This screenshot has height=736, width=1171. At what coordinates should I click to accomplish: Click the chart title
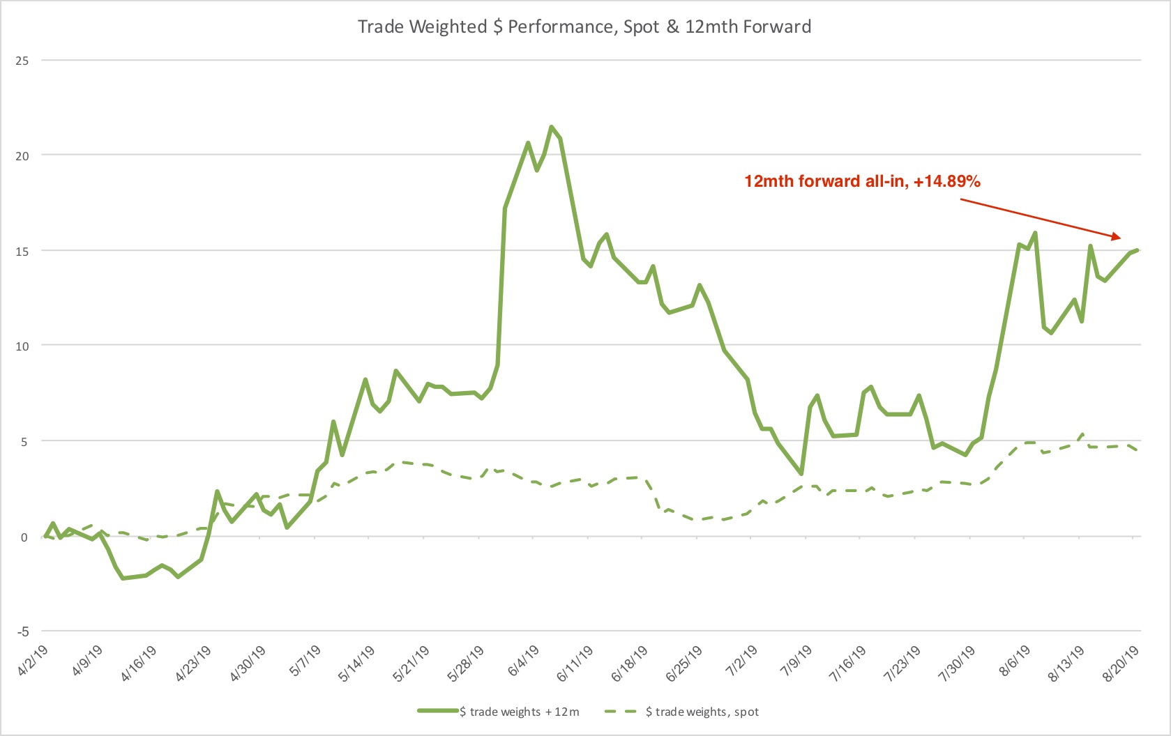[x=584, y=26]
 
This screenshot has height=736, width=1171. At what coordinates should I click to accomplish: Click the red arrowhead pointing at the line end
[x=1116, y=237]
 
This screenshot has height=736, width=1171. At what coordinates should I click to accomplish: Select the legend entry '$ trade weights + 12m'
[x=499, y=712]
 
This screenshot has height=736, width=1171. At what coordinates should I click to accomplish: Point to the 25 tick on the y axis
[x=22, y=61]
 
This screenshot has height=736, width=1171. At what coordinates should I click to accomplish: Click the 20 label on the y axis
[x=22, y=156]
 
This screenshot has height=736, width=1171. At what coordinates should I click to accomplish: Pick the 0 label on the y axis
[x=24, y=537]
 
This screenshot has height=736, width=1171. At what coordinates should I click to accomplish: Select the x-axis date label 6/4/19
[x=525, y=660]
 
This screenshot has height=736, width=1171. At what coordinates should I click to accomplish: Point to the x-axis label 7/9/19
[x=797, y=660]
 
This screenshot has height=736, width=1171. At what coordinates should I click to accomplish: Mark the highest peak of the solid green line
[x=551, y=127]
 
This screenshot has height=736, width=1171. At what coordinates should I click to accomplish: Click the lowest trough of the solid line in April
[x=123, y=578]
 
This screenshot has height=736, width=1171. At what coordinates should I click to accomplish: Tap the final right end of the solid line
[x=1138, y=250]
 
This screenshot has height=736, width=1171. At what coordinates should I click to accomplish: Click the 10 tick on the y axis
[x=22, y=346]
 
